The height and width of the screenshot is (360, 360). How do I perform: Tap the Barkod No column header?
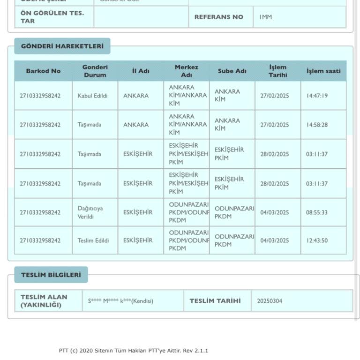click(43, 71)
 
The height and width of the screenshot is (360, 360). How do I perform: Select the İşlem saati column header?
click(323, 71)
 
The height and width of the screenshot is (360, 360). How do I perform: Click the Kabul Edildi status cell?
click(92, 96)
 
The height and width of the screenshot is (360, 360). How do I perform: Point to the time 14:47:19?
click(317, 96)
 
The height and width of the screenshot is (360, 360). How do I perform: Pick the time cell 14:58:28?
click(317, 125)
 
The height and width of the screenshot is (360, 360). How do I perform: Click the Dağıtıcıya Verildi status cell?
click(90, 212)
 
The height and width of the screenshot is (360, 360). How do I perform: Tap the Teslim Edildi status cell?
click(93, 240)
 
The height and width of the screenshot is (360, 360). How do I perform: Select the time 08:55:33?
click(317, 212)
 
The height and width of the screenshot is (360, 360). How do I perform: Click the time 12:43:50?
click(317, 240)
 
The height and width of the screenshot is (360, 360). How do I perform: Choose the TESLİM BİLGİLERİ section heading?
click(51, 275)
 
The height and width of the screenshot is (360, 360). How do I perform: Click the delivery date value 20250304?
click(270, 301)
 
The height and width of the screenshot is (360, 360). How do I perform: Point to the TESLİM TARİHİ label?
click(215, 301)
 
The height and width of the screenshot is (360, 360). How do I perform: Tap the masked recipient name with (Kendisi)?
click(120, 301)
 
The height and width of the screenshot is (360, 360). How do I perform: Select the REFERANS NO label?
click(219, 17)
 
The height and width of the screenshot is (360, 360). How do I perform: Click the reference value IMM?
click(265, 17)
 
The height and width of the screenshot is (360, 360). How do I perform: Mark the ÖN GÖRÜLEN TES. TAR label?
click(52, 17)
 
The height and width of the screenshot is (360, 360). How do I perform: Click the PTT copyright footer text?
click(134, 351)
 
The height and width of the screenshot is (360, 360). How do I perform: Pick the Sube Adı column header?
click(232, 71)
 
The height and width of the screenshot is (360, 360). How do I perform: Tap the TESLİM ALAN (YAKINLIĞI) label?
click(44, 301)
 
